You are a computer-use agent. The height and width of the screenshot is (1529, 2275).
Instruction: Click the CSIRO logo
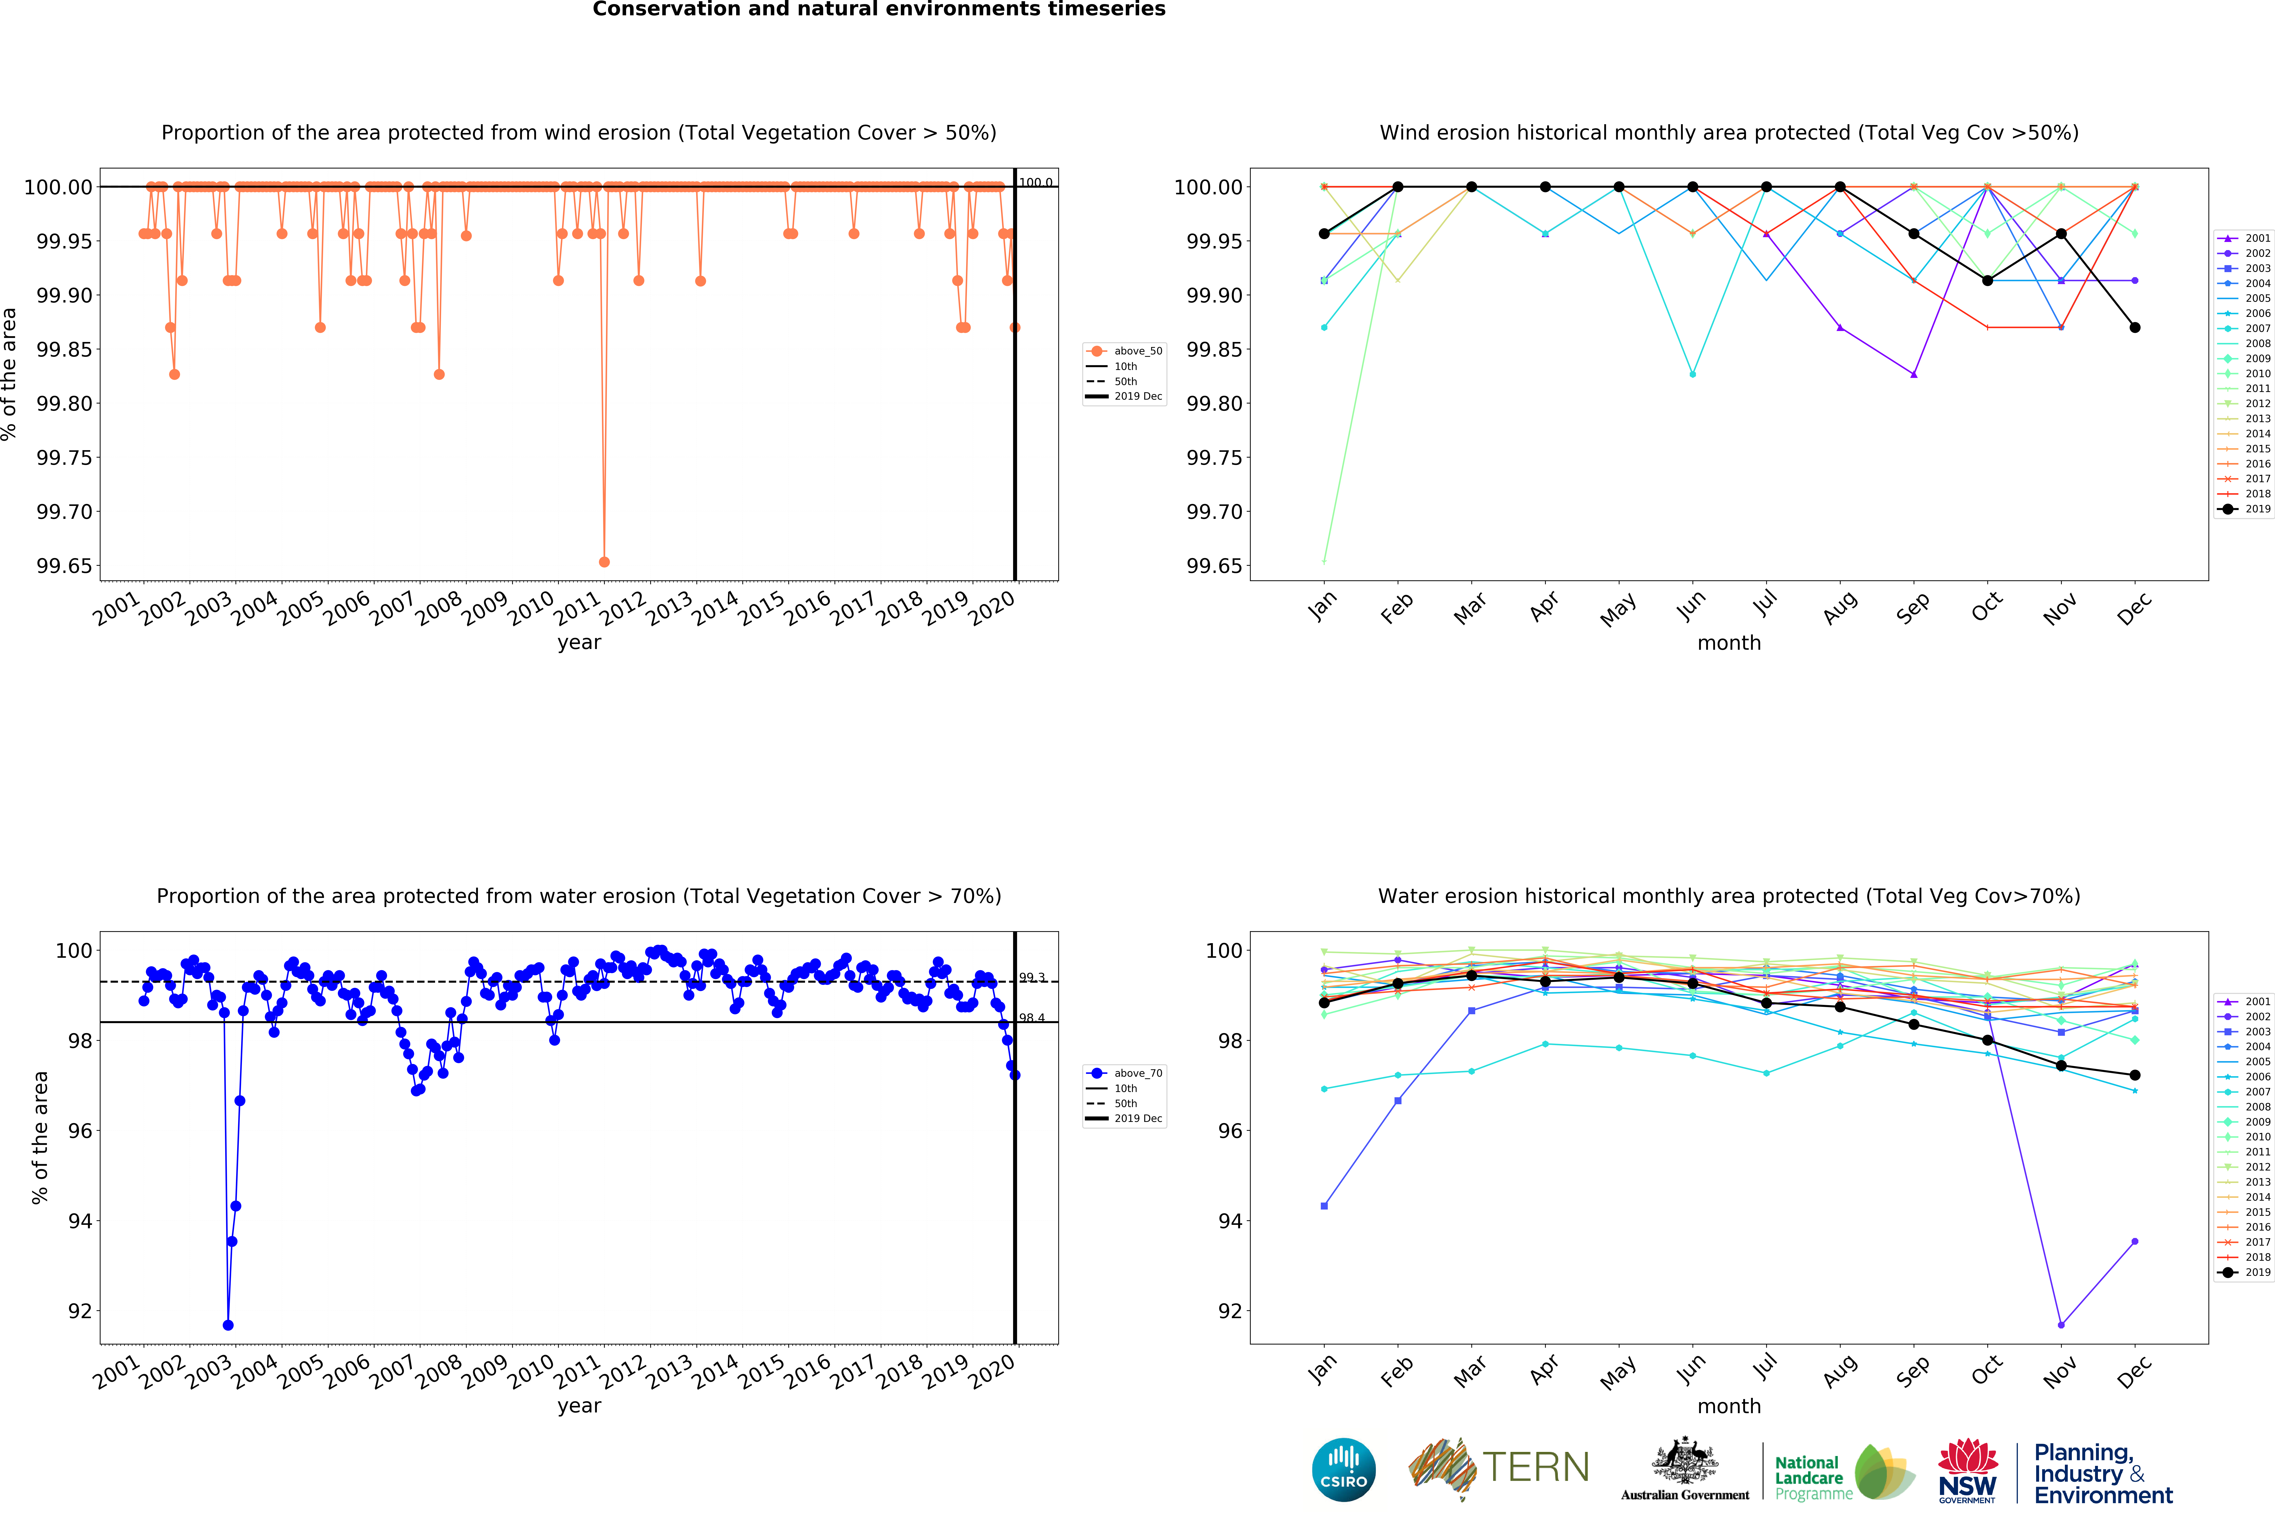point(1344,1469)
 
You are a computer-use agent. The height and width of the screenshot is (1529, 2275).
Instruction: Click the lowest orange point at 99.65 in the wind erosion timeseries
point(605,562)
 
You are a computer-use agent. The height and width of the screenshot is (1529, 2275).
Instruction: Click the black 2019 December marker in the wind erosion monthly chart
point(2135,328)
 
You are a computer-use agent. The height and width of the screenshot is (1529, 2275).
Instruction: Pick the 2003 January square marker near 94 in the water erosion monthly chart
point(1324,1206)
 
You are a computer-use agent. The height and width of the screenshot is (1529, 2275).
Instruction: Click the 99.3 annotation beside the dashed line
point(1032,977)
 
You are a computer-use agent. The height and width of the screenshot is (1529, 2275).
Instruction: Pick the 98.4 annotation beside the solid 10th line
point(1032,1018)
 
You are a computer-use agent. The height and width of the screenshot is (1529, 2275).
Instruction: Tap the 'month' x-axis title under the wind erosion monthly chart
point(1729,643)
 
